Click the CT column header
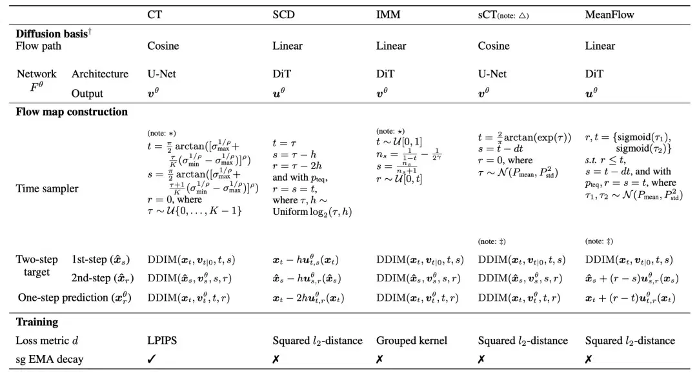(155, 15)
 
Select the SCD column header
(283, 15)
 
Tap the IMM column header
(388, 15)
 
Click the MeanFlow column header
(609, 15)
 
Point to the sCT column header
(503, 15)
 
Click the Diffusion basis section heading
(54, 34)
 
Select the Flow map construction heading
(72, 112)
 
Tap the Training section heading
(37, 321)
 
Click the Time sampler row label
(47, 188)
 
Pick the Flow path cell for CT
(163, 46)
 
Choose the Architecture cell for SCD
(281, 74)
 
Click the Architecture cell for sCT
(492, 74)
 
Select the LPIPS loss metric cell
(162, 341)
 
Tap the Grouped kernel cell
(412, 341)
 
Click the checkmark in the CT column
(152, 359)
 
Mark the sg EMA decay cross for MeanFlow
(589, 359)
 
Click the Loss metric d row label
(47, 341)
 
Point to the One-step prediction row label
(75, 298)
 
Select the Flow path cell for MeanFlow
(600, 46)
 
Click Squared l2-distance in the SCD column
(318, 341)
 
